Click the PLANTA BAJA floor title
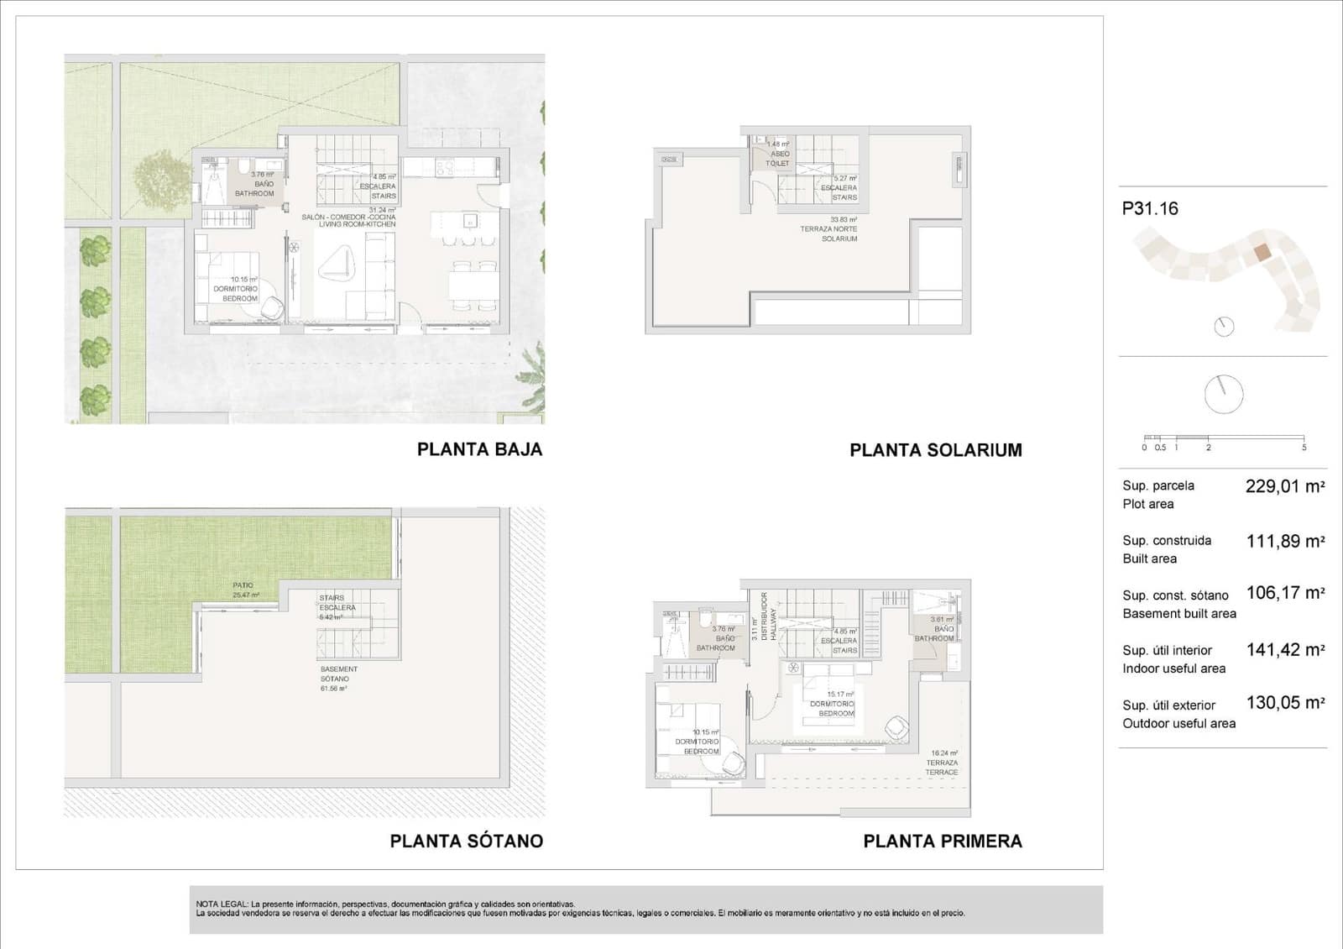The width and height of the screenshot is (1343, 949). (x=479, y=449)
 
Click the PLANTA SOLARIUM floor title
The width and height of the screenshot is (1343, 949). (x=935, y=450)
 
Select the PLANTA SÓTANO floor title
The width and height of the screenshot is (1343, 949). (x=466, y=841)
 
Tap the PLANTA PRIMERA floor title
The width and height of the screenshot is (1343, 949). (x=942, y=841)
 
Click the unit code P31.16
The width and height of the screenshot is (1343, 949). (x=1149, y=209)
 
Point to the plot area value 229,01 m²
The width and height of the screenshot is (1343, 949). (x=1284, y=486)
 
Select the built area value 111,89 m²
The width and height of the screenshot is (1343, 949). (x=1284, y=542)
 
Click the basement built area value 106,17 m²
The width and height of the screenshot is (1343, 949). (x=1284, y=593)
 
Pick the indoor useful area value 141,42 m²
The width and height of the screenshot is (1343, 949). (x=1284, y=650)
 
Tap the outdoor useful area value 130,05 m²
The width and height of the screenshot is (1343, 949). (x=1284, y=703)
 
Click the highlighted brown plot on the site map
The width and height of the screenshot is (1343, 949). (x=1262, y=253)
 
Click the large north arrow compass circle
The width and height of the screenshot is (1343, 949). (x=1223, y=394)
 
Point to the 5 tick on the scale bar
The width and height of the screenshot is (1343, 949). (x=1304, y=447)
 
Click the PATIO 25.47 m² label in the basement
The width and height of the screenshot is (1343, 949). (x=245, y=590)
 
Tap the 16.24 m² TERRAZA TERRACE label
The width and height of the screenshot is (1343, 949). (x=943, y=763)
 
